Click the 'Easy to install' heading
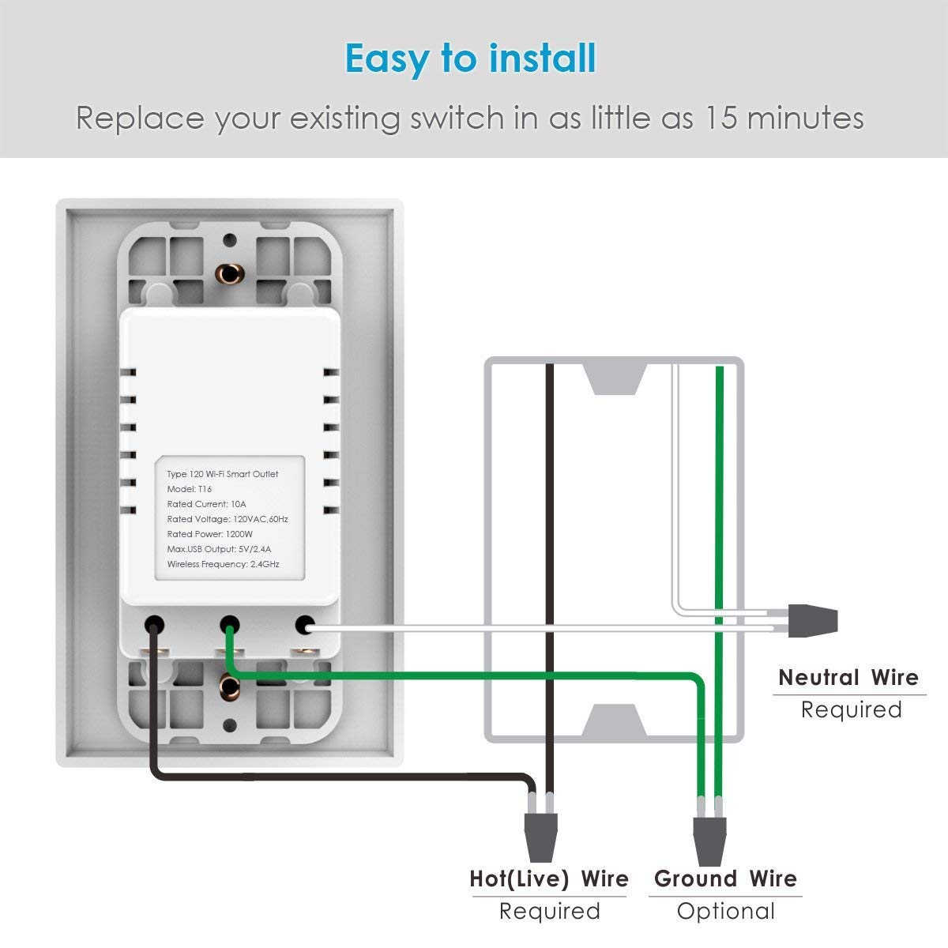coord(471,59)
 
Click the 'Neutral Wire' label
coord(848,678)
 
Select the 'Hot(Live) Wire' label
coord(549,878)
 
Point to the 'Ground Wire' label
coord(725,878)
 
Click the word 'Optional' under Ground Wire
coord(725,912)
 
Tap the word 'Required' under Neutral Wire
coord(851,709)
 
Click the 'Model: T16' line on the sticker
coord(190,489)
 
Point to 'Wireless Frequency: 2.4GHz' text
coord(223,564)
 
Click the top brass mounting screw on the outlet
coord(230,273)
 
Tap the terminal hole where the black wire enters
coord(154,625)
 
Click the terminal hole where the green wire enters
coord(230,625)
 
